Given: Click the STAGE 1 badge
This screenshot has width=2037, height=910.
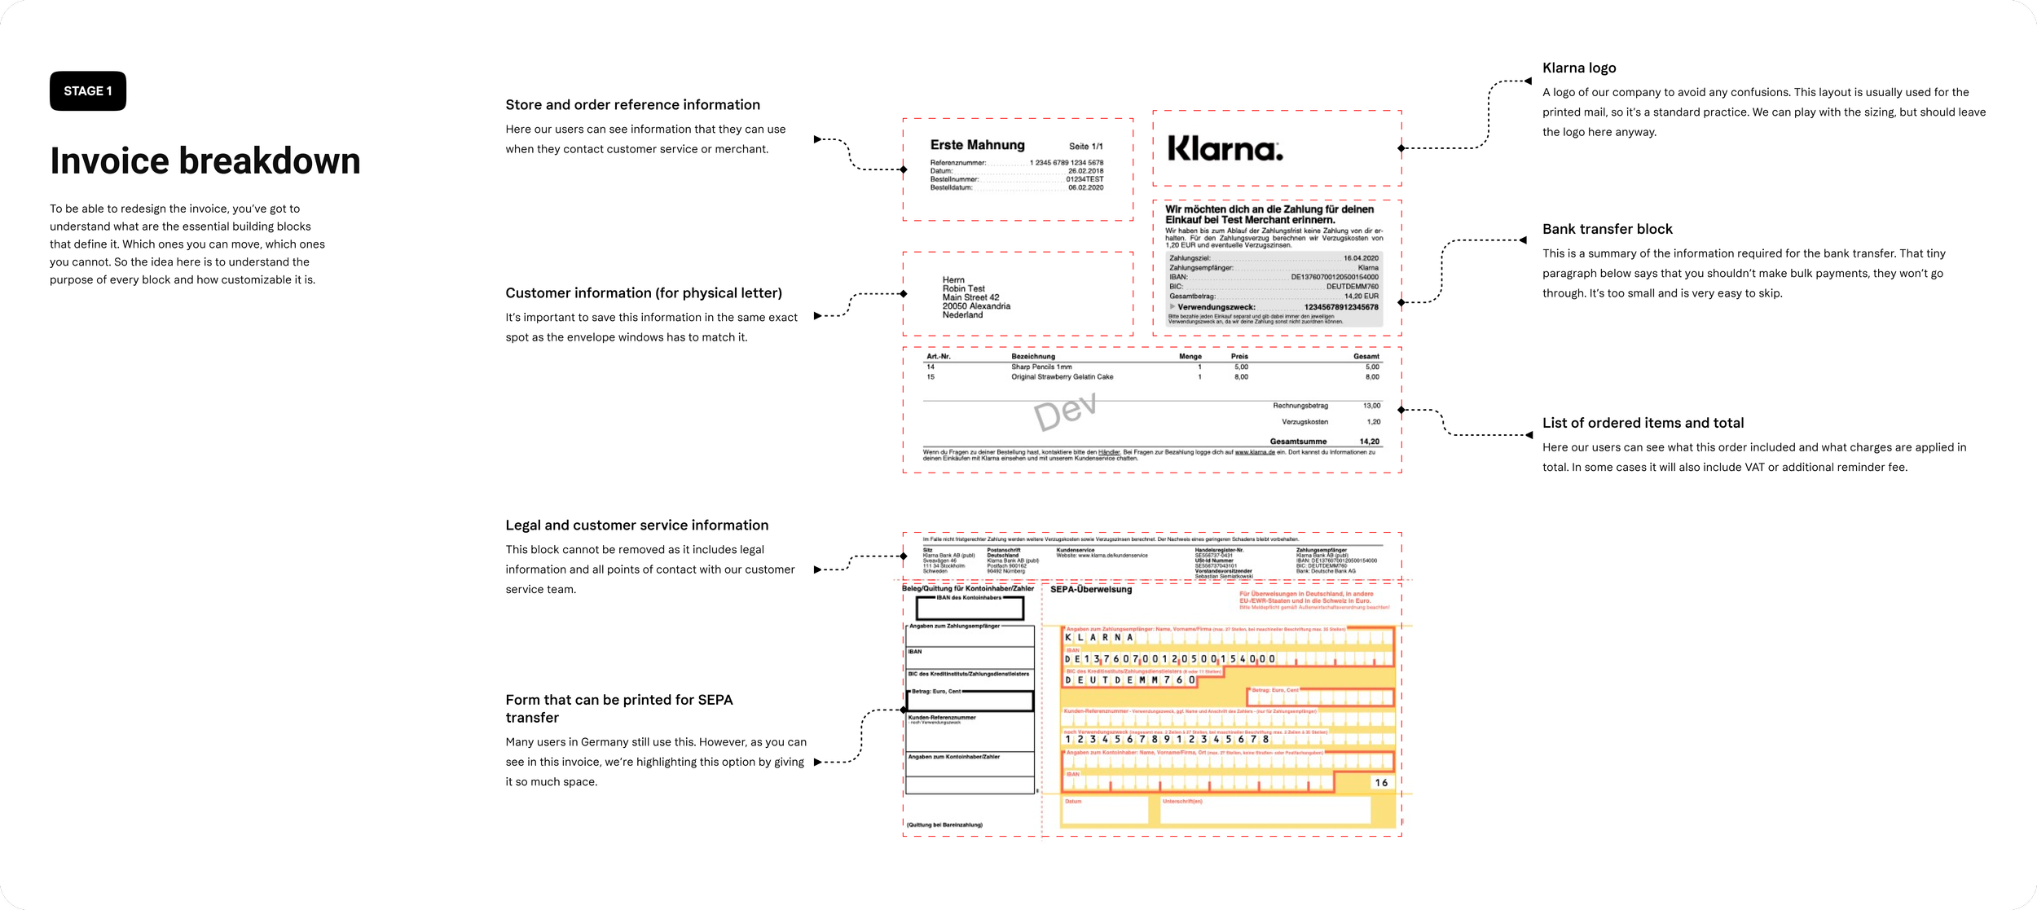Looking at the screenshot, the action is (88, 91).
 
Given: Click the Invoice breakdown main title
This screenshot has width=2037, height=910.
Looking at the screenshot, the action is (205, 160).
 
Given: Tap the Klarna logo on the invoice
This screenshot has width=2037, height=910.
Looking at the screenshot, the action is (1225, 148).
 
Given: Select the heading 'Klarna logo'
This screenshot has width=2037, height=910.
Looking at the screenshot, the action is (1578, 68).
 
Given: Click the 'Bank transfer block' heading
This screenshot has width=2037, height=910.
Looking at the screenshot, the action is (1607, 230).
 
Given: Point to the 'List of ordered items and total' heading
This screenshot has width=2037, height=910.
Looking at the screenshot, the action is (1643, 423).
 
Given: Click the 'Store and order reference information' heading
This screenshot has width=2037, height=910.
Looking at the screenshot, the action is (632, 105).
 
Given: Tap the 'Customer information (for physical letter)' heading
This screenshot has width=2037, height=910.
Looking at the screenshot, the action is (643, 293).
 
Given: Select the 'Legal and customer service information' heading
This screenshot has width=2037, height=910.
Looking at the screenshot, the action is (636, 525).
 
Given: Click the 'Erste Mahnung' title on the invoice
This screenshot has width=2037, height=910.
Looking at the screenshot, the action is (977, 145).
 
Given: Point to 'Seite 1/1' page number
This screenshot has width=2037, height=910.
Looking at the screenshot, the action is (1085, 147).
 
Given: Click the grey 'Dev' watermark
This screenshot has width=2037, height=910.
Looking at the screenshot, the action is (1065, 411).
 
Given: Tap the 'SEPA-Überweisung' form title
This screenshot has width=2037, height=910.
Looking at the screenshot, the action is (1090, 590).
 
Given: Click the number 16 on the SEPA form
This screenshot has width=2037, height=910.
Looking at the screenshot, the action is (1381, 783).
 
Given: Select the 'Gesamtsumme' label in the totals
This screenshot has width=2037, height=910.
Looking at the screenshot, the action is (1298, 442).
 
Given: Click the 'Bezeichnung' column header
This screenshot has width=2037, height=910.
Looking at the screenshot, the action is (1032, 357).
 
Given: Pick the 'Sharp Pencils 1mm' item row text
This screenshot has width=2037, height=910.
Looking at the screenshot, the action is (1041, 367).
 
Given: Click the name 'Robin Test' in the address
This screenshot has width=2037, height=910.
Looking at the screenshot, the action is (963, 289).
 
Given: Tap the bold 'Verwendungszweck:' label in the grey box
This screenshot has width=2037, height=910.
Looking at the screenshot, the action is (1216, 307).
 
